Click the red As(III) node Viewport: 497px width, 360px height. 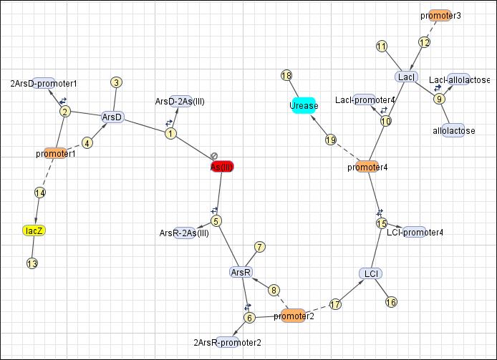(222, 167)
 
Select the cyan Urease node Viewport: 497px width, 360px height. (304, 106)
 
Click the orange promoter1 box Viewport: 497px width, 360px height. (55, 153)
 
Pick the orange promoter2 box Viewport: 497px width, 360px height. (294, 316)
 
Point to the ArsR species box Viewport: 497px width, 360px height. (241, 272)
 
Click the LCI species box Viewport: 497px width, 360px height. (371, 273)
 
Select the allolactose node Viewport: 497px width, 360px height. (454, 131)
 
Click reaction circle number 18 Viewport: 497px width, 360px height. (286, 76)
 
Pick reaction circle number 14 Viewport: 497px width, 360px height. (40, 193)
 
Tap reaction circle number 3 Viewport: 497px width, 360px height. (116, 82)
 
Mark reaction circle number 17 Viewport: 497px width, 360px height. (334, 304)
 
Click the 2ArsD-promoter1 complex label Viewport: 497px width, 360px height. (44, 83)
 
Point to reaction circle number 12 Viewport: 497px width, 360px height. (424, 42)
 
